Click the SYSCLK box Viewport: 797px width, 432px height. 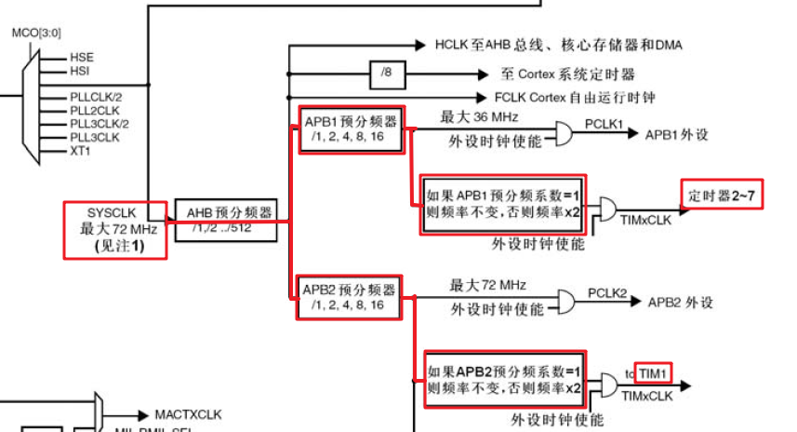[115, 229]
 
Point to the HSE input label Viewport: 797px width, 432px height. [81, 57]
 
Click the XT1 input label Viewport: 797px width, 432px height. [80, 151]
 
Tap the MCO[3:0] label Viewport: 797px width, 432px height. [35, 33]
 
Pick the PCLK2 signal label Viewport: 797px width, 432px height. [607, 292]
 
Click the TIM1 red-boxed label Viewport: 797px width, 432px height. [653, 373]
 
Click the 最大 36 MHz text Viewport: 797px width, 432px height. [479, 116]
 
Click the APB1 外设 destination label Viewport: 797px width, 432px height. [677, 134]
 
